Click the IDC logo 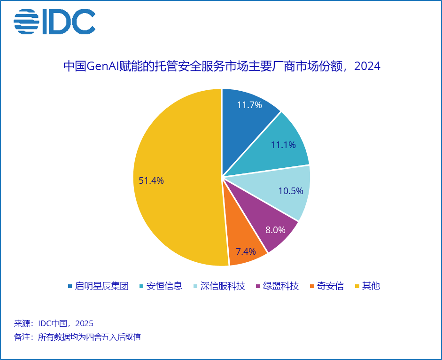54,22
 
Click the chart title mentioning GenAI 221,66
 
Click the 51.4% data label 151,180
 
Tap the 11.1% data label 283,145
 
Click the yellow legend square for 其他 357,286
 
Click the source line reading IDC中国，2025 54,323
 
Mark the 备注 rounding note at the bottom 78,337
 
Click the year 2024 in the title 367,66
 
